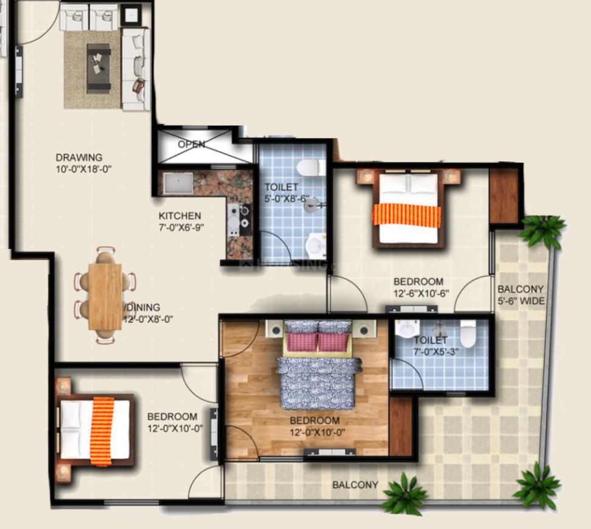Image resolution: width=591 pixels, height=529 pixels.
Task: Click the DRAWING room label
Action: (x=79, y=157)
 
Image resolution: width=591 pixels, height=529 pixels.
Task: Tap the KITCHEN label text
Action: (x=180, y=216)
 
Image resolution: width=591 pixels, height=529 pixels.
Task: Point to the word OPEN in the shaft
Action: (x=192, y=144)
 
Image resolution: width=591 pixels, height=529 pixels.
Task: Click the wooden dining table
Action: (x=105, y=296)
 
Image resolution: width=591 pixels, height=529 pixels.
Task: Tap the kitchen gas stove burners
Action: (x=239, y=220)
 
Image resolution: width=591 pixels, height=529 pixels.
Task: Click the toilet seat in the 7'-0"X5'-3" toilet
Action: (x=468, y=333)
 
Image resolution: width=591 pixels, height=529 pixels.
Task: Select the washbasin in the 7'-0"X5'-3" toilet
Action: (x=407, y=330)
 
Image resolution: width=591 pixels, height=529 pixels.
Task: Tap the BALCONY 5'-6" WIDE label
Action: (x=521, y=295)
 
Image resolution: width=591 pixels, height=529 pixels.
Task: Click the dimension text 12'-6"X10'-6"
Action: (x=421, y=294)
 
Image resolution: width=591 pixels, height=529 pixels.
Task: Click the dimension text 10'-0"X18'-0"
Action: (x=83, y=169)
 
